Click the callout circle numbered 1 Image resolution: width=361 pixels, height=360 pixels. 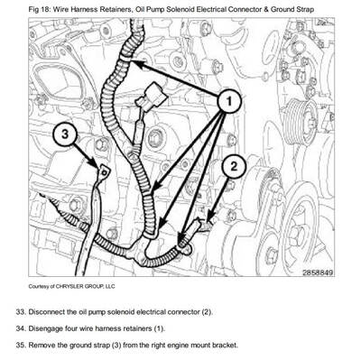coord(233,103)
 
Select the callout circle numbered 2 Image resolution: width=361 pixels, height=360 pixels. coord(232,164)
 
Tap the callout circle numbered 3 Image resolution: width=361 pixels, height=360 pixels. coord(64,134)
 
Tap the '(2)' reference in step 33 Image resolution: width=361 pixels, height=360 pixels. coord(205,311)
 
